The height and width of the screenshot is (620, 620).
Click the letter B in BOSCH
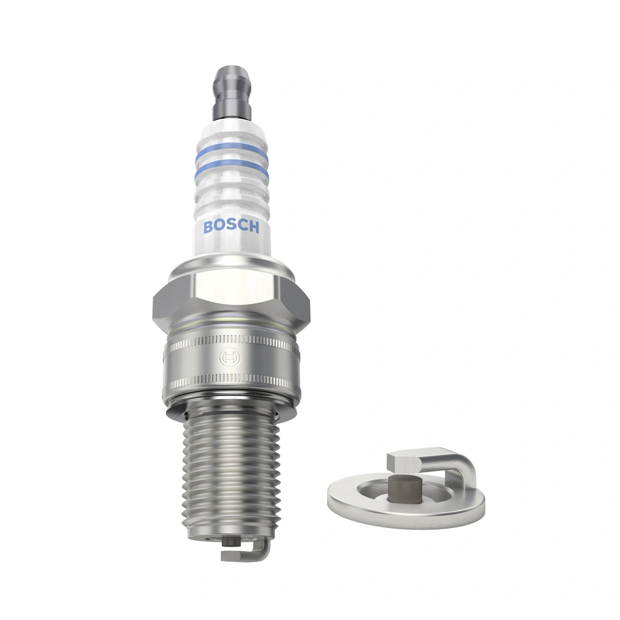209,227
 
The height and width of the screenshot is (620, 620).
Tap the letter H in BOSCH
253,228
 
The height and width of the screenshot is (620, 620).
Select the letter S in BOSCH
231,227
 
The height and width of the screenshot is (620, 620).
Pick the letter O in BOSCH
220,227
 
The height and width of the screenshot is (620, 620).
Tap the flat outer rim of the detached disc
406,515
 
